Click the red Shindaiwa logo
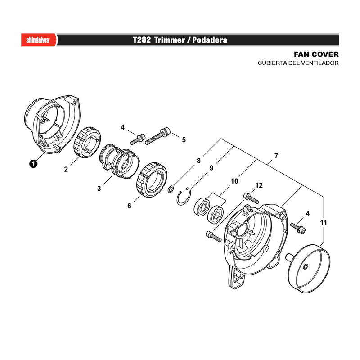[39, 40]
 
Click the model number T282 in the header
[142, 40]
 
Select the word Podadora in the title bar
[210, 40]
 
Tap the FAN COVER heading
[316, 54]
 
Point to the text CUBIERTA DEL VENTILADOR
[298, 63]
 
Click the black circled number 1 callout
[33, 164]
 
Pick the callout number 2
[66, 169]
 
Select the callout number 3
[99, 189]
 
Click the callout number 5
[184, 139]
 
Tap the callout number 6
[129, 206]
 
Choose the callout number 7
[276, 155]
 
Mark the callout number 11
[323, 222]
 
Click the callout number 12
[259, 185]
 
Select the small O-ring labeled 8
[171, 189]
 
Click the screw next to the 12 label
[251, 198]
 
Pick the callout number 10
[234, 181]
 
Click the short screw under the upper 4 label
[138, 139]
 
